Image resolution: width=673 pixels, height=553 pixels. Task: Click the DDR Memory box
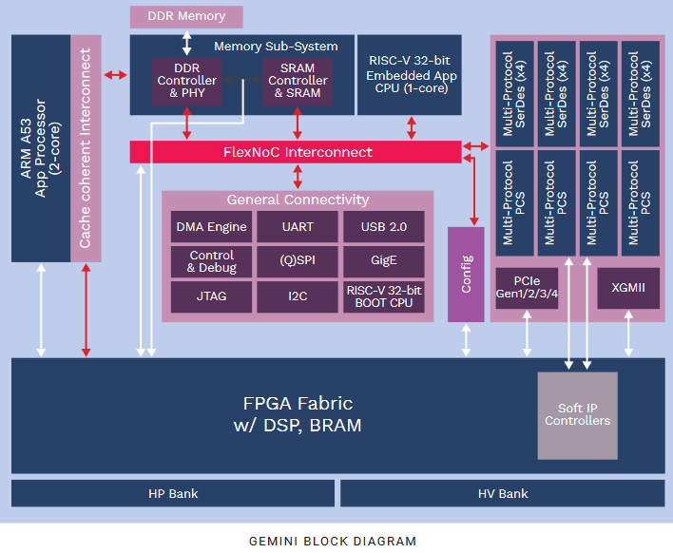pyautogui.click(x=186, y=17)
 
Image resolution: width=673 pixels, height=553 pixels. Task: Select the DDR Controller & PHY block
pyautogui.click(x=186, y=82)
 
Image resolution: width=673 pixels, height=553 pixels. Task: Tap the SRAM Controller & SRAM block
pyautogui.click(x=298, y=82)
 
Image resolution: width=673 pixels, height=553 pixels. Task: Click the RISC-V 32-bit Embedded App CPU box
pyautogui.click(x=410, y=75)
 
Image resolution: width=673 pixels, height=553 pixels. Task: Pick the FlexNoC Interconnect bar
pyautogui.click(x=296, y=152)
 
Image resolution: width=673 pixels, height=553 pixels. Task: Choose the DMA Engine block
pyautogui.click(x=211, y=226)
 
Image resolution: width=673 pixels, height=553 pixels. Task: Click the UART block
pyautogui.click(x=298, y=226)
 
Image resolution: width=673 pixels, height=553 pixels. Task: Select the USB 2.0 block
pyautogui.click(x=384, y=226)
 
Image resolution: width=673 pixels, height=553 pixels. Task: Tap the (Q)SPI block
pyautogui.click(x=298, y=261)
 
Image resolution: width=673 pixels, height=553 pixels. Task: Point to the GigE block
pyautogui.click(x=384, y=261)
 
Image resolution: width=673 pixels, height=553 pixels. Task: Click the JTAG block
pyautogui.click(x=211, y=296)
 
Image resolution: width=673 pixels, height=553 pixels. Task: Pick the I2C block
pyautogui.click(x=298, y=296)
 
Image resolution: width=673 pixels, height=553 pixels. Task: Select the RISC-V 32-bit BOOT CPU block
pyautogui.click(x=384, y=296)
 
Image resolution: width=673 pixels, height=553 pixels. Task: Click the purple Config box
pyautogui.click(x=466, y=275)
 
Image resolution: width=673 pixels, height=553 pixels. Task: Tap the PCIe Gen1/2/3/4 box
pyautogui.click(x=527, y=288)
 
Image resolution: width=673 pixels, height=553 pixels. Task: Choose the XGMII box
pyautogui.click(x=628, y=288)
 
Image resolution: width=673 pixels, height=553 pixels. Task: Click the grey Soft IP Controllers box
pyautogui.click(x=578, y=416)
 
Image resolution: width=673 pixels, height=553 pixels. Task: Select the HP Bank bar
pyautogui.click(x=173, y=493)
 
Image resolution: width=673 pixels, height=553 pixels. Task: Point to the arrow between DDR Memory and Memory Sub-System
pyautogui.click(x=186, y=43)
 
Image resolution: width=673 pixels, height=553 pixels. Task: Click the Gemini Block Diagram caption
pyautogui.click(x=333, y=542)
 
